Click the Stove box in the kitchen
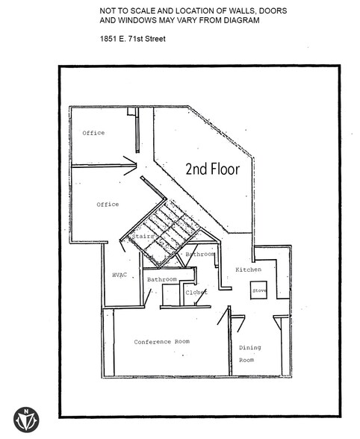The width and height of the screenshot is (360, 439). [258, 290]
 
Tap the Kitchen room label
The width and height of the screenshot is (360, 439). [248, 270]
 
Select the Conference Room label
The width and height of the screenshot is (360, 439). [161, 342]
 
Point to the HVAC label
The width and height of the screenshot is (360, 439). [120, 275]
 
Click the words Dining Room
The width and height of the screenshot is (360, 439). [250, 354]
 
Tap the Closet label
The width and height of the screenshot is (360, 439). [196, 293]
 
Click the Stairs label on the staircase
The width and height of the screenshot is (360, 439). [143, 236]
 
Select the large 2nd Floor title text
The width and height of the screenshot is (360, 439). [213, 169]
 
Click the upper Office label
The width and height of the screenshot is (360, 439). [93, 133]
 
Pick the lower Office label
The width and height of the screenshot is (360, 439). [108, 205]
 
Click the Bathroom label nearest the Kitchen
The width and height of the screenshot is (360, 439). [200, 254]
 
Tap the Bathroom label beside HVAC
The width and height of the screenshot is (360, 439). [162, 279]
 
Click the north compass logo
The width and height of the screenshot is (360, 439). [26, 420]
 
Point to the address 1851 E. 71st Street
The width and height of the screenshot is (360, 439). [132, 39]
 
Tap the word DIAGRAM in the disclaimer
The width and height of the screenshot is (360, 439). [241, 20]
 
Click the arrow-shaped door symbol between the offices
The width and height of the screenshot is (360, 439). [130, 166]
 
